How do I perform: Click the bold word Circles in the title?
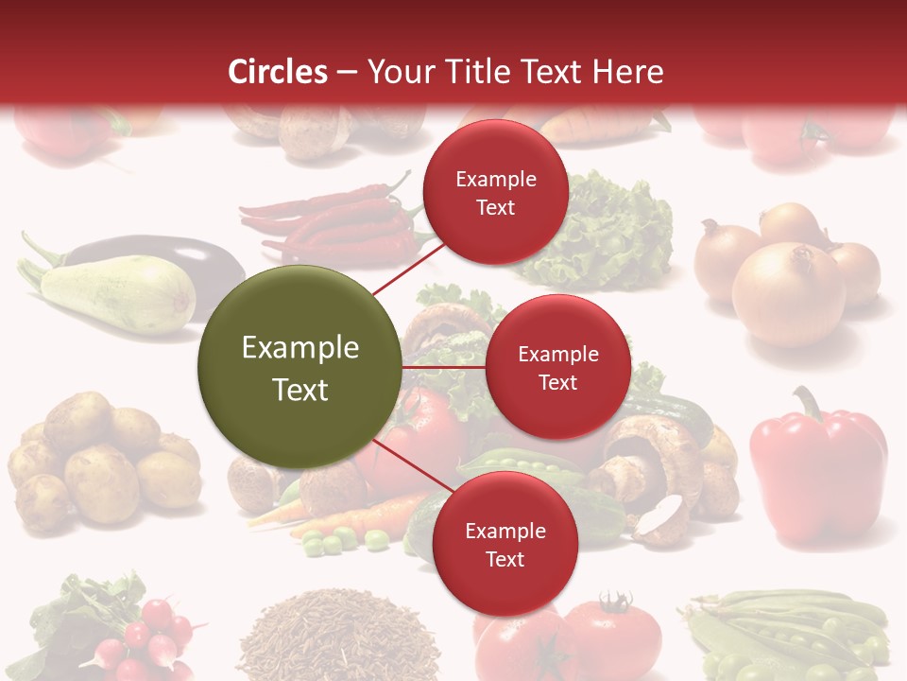(278, 71)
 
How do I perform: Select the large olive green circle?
(299, 368)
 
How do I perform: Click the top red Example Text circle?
(495, 192)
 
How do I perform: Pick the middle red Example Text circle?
(557, 367)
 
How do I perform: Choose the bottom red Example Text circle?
(505, 544)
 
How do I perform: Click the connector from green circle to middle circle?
(444, 367)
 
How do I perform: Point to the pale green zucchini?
(113, 293)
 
